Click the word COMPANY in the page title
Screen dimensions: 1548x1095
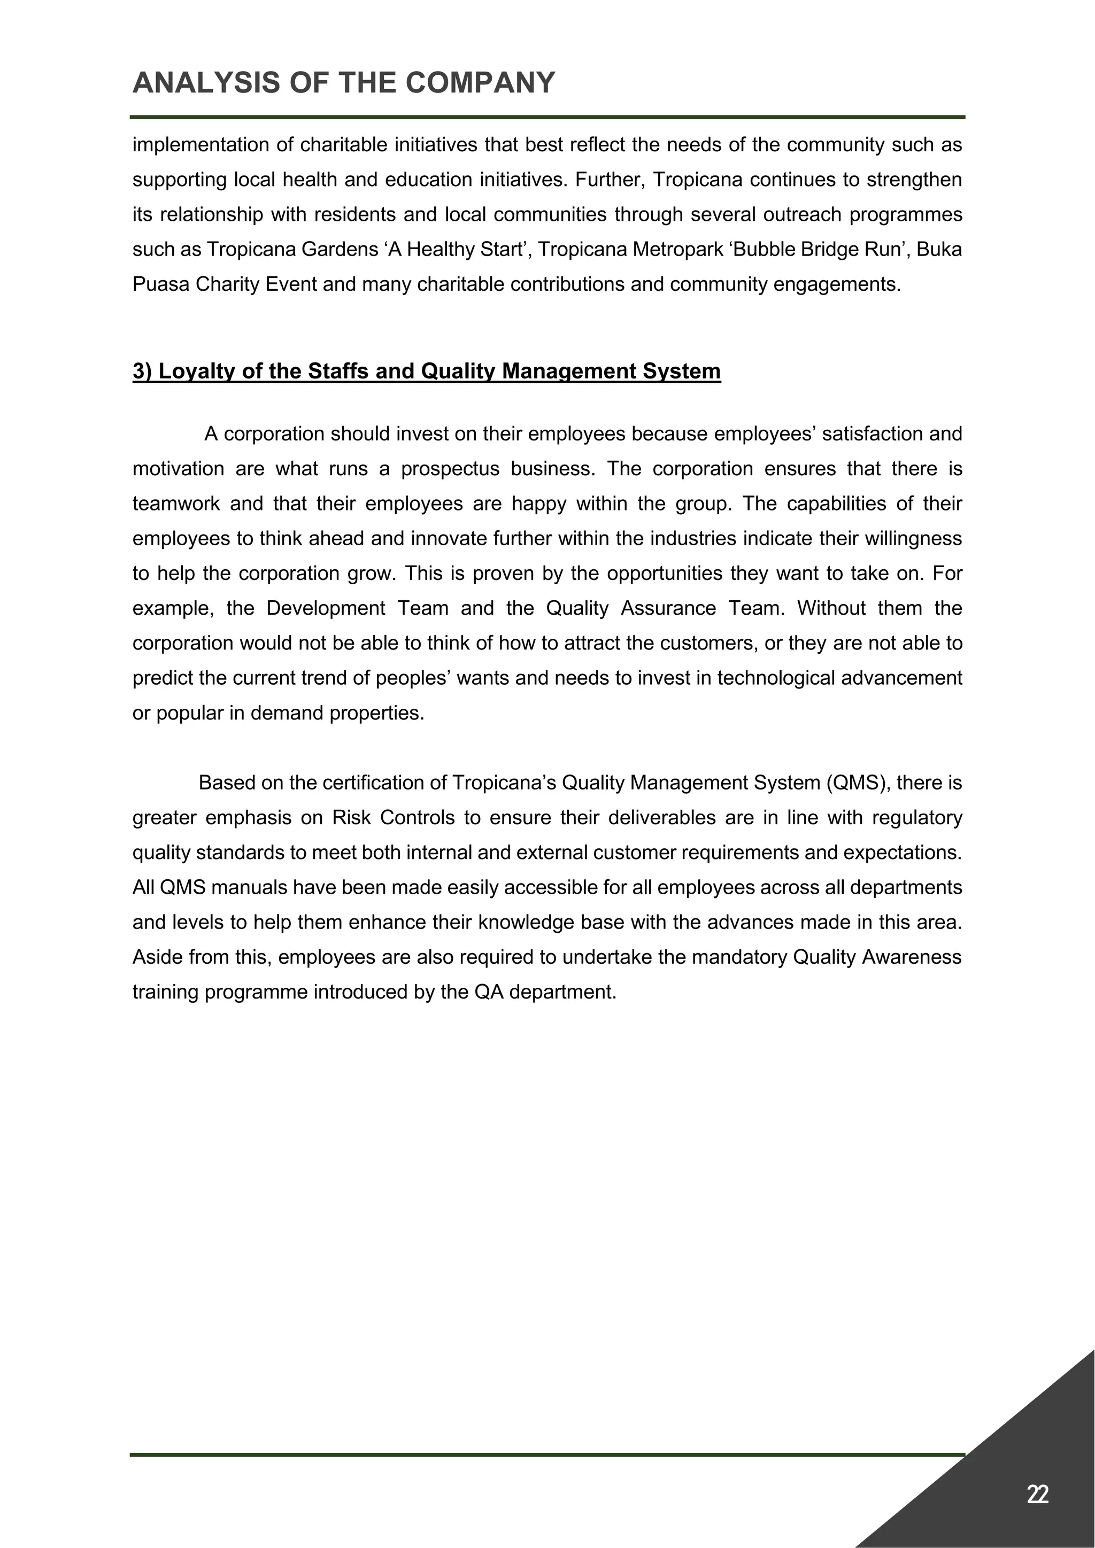pyautogui.click(x=480, y=82)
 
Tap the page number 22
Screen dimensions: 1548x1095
pyautogui.click(x=1037, y=1494)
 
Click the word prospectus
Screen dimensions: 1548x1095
pyautogui.click(x=450, y=469)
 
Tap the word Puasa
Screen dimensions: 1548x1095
pyautogui.click(x=161, y=284)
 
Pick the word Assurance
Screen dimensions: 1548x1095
pyautogui.click(x=667, y=608)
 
